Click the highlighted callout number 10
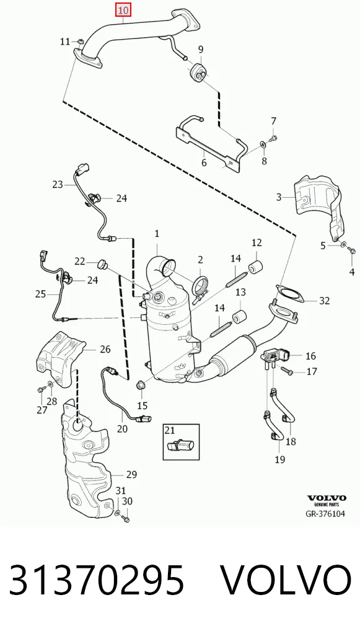click(123, 11)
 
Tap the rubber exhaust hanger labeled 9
click(198, 72)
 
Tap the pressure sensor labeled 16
click(276, 356)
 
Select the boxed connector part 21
click(180, 446)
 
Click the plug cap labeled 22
click(102, 265)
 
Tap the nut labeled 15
click(141, 384)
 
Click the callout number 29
click(131, 475)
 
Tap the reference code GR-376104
click(325, 513)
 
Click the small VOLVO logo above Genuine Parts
click(326, 498)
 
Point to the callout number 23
click(58, 184)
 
